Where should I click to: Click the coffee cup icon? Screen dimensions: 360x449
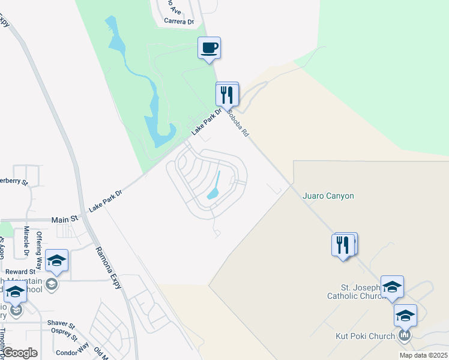pos(209,47)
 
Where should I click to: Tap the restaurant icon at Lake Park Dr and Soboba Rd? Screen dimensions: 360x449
pos(228,95)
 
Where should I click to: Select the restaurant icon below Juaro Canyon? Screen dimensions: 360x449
pos(343,245)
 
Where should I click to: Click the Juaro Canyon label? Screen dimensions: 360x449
pos(328,196)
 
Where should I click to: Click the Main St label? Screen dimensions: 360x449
pos(65,220)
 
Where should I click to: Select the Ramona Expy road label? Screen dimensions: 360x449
pos(109,267)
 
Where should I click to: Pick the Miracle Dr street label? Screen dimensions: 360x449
pos(26,241)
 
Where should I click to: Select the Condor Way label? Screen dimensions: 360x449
pos(71,349)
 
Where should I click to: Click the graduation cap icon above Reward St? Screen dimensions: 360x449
pos(56,260)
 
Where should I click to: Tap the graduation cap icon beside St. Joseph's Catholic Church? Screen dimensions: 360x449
pos(392,287)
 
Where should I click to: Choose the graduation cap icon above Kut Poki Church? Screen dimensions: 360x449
pos(405,316)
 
